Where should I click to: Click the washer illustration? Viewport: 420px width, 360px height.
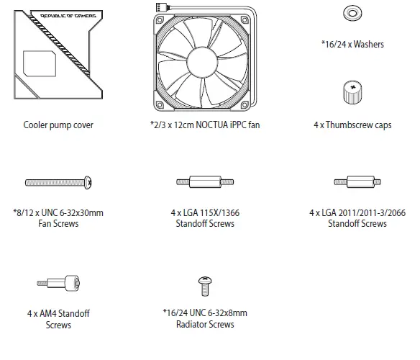352,13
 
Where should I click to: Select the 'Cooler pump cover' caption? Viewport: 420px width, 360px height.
58,125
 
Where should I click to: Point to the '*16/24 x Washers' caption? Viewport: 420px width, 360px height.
352,44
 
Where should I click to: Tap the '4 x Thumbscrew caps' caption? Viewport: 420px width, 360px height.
352,125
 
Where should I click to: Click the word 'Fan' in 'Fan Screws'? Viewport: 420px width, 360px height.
42,223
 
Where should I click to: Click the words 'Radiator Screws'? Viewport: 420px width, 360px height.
205,324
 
